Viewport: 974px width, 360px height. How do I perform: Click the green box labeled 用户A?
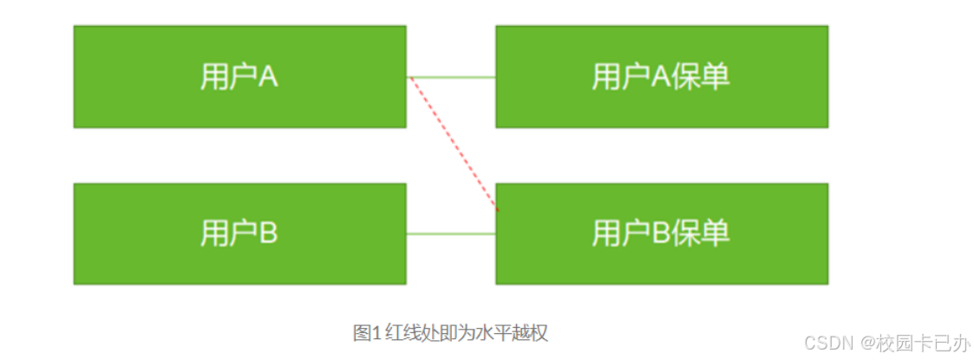[x=239, y=76]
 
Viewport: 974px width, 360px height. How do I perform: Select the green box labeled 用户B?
[x=239, y=232]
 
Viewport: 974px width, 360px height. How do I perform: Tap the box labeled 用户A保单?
[x=661, y=76]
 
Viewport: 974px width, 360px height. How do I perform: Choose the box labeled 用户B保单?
[x=661, y=232]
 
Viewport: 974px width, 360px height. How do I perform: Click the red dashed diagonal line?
[x=454, y=144]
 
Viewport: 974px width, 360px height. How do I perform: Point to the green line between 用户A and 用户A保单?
[x=451, y=77]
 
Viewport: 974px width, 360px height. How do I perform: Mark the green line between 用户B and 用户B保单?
[x=451, y=233]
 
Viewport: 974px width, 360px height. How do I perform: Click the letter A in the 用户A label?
[x=267, y=76]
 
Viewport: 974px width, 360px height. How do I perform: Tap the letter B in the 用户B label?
[x=267, y=232]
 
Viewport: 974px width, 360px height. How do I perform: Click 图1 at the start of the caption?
[x=363, y=332]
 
